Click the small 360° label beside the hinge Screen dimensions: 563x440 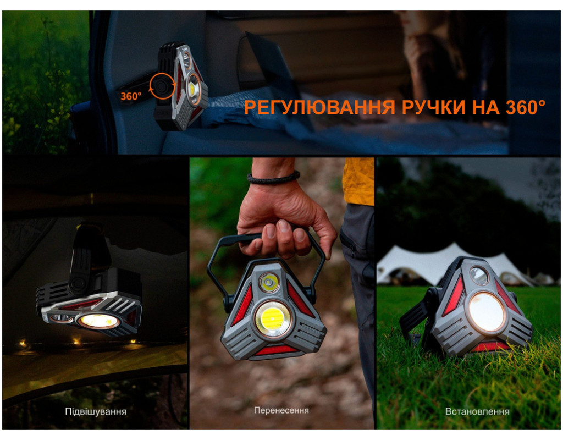coord(131,96)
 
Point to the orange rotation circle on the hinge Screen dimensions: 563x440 coord(162,86)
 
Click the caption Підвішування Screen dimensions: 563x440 coord(96,411)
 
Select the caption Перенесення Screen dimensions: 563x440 coord(281,410)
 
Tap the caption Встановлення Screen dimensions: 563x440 coord(477,411)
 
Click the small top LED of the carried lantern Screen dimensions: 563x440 coord(269,282)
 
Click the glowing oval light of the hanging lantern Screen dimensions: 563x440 coord(99,321)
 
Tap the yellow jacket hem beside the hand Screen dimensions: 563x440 coord(358,182)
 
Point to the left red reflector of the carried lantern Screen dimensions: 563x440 coord(244,306)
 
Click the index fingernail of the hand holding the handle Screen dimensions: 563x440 coord(284,226)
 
